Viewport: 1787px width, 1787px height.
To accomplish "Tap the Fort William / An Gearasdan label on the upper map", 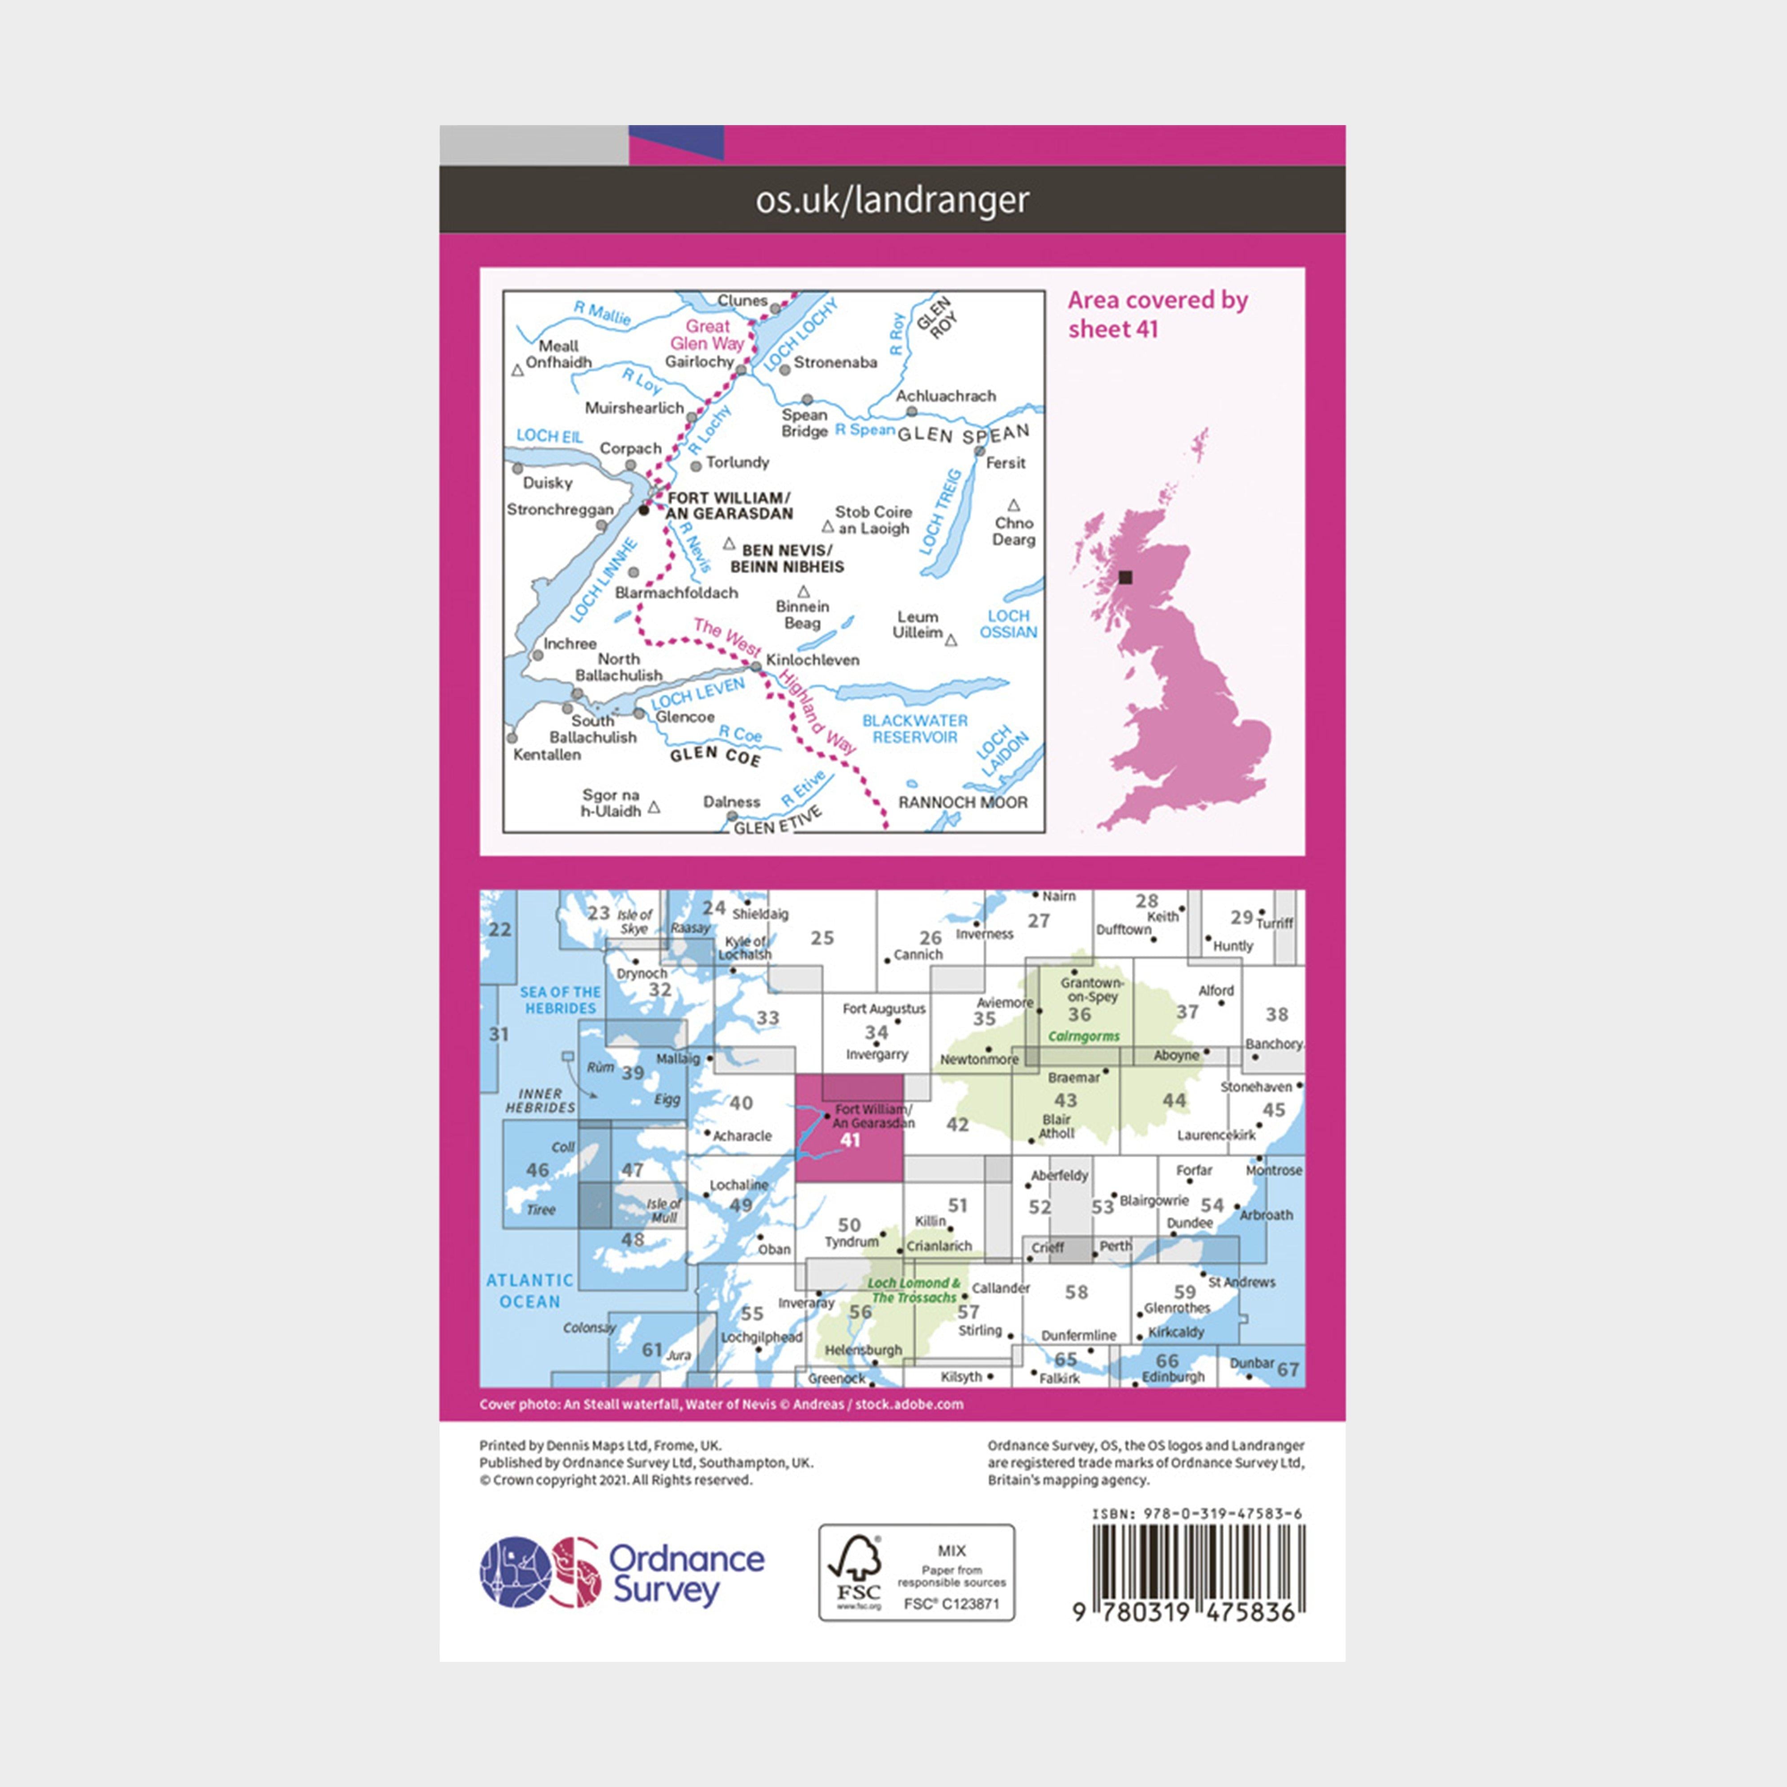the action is tap(729, 505).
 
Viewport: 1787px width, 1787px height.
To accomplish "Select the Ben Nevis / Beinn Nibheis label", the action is tap(787, 558).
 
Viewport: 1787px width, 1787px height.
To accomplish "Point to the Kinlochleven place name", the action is tap(812, 659).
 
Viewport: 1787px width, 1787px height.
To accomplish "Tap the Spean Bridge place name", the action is tap(804, 423).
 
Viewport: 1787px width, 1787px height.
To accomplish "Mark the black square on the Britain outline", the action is tap(1125, 577).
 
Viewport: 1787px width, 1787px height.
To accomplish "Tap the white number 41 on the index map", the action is tap(849, 1141).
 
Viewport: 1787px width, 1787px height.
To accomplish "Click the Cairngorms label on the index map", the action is tap(1083, 1036).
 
